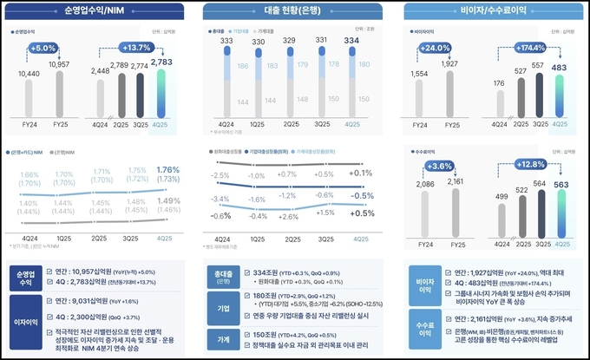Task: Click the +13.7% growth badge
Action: click(x=138, y=47)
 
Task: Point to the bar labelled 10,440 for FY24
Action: click(x=29, y=95)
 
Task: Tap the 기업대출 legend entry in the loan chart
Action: click(x=251, y=30)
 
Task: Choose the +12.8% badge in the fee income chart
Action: click(x=532, y=165)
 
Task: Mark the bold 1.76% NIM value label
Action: click(x=163, y=169)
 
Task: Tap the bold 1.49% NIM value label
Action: click(x=163, y=200)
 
